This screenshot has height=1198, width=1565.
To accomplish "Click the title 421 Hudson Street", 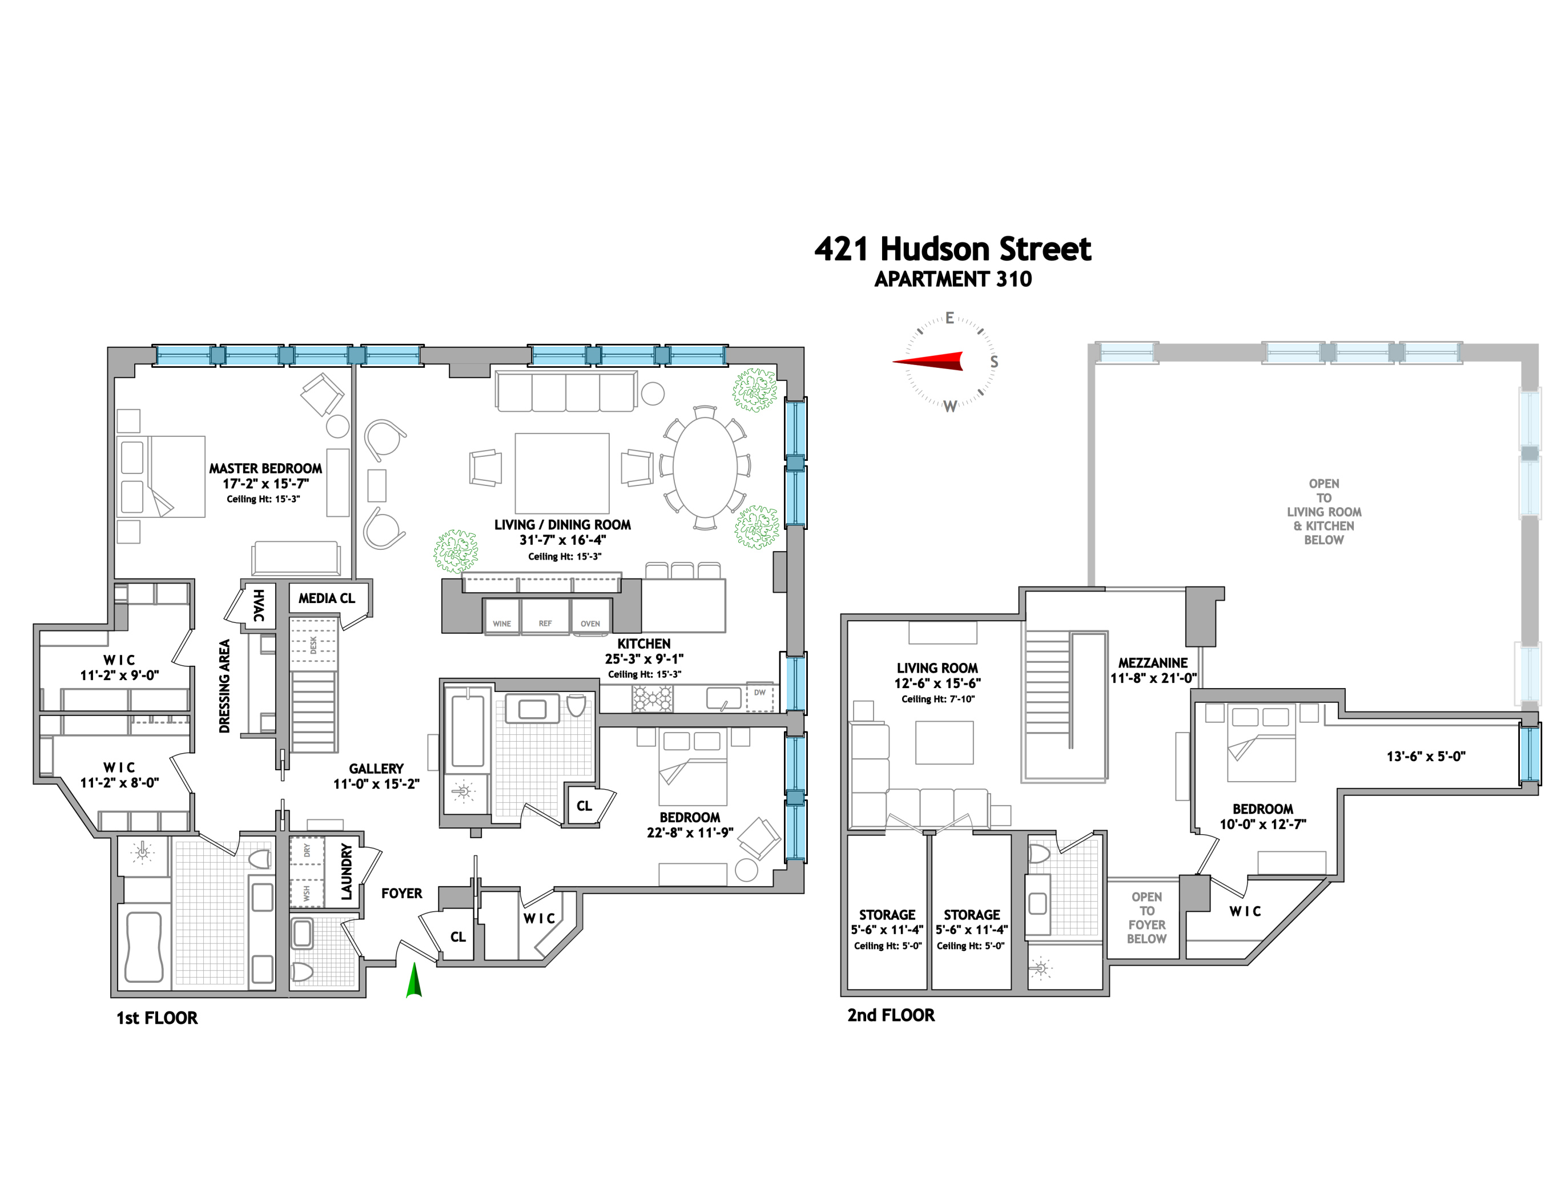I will (952, 249).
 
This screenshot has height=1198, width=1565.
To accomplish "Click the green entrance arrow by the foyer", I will (413, 980).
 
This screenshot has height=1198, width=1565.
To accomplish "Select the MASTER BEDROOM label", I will (265, 468).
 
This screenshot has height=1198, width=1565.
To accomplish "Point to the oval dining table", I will (705, 467).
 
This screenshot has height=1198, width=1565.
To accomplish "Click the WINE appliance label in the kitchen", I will (501, 623).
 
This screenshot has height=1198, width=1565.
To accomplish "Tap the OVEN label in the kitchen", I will (590, 623).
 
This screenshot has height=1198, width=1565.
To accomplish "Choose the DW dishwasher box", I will (759, 697).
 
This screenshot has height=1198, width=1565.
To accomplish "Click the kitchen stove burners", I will (651, 698).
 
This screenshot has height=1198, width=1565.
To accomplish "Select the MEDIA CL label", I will (327, 598).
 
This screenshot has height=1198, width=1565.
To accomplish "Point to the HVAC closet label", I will (259, 605).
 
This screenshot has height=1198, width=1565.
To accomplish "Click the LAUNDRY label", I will (347, 871).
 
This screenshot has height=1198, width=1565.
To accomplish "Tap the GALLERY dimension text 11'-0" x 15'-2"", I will (376, 783).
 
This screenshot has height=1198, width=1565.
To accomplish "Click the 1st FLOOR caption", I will (157, 1018).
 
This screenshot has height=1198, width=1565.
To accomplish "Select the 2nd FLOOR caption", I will (891, 1015).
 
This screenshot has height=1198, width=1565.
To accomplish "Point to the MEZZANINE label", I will (1152, 662).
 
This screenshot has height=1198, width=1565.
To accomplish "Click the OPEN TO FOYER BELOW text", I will (1146, 917).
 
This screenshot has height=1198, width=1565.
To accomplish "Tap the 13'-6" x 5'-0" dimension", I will (1425, 756).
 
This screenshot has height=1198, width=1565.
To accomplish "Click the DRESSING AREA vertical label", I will (224, 686).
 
